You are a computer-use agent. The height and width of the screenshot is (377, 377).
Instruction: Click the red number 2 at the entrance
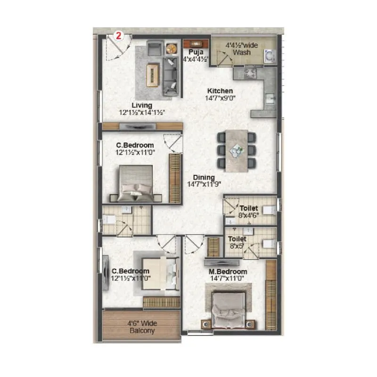pos(119,36)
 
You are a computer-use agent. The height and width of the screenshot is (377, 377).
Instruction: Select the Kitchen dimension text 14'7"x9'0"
pos(220,98)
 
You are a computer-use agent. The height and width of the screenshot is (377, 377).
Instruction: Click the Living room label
pos(142,105)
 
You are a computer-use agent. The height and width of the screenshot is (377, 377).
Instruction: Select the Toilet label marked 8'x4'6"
pos(248,207)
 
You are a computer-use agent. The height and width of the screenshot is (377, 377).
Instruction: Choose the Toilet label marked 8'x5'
pos(238,239)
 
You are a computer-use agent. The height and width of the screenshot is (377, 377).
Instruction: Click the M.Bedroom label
pos(228,272)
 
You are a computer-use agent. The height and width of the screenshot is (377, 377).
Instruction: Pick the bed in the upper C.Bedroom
pos(135,184)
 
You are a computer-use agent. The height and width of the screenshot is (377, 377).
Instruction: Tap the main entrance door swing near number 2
pos(111,49)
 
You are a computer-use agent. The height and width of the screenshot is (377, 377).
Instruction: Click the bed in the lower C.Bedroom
pos(158,273)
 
